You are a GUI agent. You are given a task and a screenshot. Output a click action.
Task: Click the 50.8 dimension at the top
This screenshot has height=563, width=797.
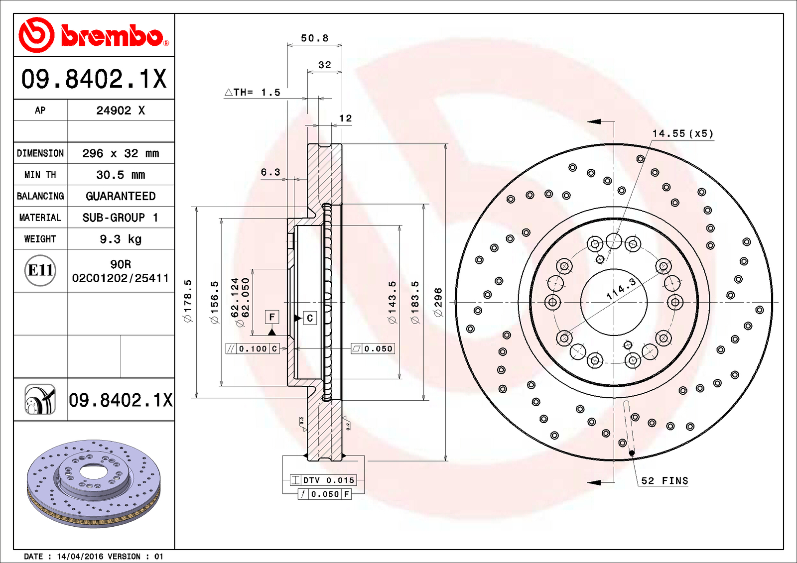[x=314, y=38]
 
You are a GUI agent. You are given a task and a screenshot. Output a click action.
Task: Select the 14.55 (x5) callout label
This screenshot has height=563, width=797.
[x=682, y=133]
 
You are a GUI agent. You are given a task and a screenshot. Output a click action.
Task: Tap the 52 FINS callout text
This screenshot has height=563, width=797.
[x=664, y=480]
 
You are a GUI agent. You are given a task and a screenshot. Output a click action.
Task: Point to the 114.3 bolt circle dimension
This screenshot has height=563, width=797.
[x=621, y=289]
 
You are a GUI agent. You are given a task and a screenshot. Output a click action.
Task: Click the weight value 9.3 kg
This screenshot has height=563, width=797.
[x=121, y=239]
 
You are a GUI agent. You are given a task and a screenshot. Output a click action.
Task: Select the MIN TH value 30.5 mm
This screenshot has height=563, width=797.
[x=121, y=175]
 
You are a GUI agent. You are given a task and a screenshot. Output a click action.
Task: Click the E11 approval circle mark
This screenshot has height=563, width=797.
[x=40, y=270]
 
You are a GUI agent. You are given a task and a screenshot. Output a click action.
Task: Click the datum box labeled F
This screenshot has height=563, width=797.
[x=272, y=317]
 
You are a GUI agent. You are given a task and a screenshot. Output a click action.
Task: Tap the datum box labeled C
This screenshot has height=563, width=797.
[x=309, y=318]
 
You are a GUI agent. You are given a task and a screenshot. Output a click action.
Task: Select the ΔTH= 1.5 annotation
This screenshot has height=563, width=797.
[x=253, y=93]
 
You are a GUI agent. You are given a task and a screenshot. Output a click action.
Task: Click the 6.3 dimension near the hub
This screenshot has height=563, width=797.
[x=270, y=172]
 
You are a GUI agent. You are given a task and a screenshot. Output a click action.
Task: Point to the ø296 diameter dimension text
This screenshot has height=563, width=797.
[x=438, y=302]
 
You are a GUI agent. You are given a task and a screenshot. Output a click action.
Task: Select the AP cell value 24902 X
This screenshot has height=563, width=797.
[x=121, y=111]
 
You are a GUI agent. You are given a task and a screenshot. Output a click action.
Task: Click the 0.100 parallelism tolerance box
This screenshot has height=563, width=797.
[x=253, y=349]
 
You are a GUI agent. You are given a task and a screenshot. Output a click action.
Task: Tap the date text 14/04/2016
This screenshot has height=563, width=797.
[x=80, y=557]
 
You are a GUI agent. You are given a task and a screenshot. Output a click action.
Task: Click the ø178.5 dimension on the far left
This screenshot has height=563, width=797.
[x=188, y=301]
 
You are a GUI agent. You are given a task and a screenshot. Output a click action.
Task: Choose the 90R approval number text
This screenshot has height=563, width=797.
[x=121, y=264]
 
